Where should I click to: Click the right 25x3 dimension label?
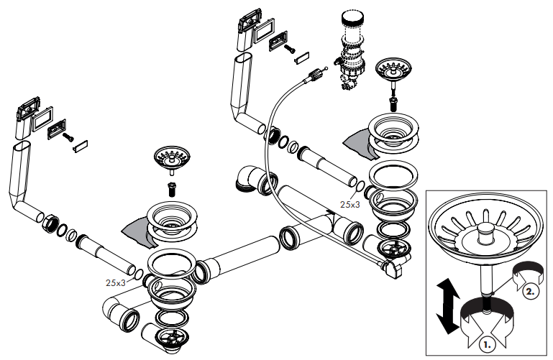[x=350, y=205]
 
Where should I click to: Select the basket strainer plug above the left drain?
[x=170, y=160]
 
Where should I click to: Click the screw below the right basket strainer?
[x=393, y=102]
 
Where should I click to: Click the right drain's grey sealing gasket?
[x=356, y=141]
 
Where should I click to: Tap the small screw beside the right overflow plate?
[x=288, y=48]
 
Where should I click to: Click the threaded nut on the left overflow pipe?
[x=50, y=223]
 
